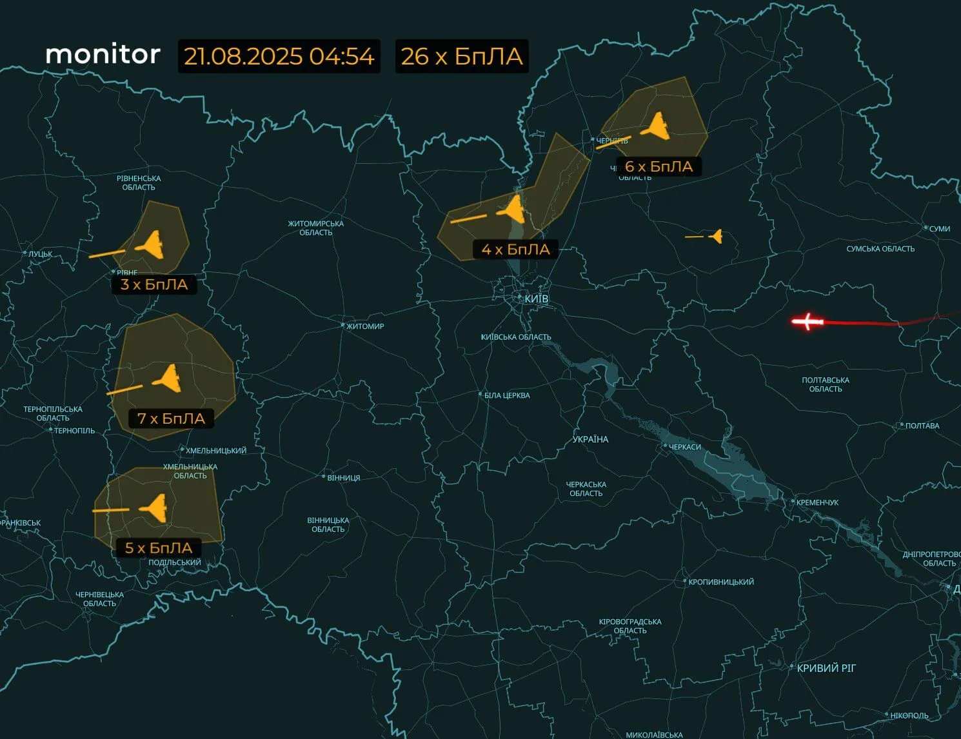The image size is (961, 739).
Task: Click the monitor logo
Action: tap(103, 55)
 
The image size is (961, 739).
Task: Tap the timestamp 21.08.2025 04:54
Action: tap(279, 57)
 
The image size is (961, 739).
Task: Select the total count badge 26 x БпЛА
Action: tap(461, 57)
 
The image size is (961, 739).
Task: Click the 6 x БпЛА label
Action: tap(659, 167)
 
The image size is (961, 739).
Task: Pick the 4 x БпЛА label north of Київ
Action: tap(515, 250)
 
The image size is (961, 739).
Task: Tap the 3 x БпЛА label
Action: tap(154, 284)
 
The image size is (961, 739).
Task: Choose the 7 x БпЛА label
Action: tap(171, 419)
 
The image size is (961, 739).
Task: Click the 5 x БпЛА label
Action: tap(158, 548)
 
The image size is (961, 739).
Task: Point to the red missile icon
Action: tap(807, 320)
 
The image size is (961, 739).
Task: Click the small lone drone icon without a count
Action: tap(715, 237)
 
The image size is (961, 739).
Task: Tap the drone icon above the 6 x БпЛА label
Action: tap(656, 126)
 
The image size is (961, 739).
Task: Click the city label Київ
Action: tap(536, 299)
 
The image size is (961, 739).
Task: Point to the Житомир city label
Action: tap(365, 326)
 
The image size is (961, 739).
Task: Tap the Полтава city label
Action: tap(922, 426)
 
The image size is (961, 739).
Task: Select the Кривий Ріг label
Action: tap(826, 668)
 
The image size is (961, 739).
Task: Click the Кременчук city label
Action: tap(817, 502)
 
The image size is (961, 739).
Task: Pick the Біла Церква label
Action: tap(507, 395)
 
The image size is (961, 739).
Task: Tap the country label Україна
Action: tap(590, 439)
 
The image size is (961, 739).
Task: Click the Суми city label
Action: tap(939, 229)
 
